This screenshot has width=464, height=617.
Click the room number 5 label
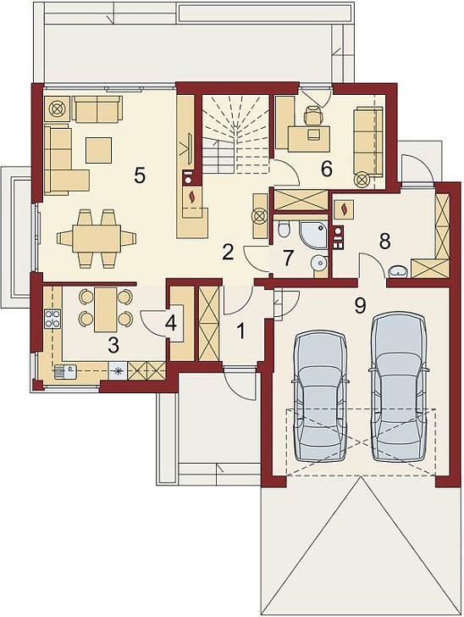point(140,175)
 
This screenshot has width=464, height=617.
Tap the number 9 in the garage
point(360,306)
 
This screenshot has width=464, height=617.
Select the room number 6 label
point(326,169)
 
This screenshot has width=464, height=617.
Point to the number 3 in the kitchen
point(113,346)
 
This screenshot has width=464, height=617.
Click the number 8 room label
point(384,241)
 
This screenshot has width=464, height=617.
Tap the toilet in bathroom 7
point(283,229)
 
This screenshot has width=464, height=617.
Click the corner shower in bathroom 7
point(313,234)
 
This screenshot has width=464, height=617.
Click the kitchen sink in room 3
point(64,370)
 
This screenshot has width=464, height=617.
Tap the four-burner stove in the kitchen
point(53,319)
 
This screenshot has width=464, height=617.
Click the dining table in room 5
point(97,238)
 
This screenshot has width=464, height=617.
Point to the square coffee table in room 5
point(99,149)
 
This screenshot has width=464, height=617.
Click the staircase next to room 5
point(235,133)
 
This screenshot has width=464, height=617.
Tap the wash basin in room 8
point(398,271)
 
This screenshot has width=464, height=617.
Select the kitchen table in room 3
point(105,309)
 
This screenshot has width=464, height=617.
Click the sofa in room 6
point(368,145)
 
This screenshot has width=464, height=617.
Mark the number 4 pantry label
point(170,323)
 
